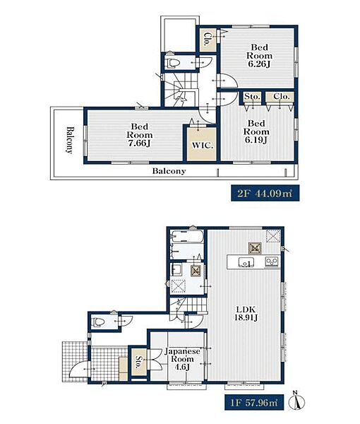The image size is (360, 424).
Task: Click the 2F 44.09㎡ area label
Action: pyautogui.click(x=265, y=193)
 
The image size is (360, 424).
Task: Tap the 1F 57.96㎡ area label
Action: pyautogui.click(x=254, y=403)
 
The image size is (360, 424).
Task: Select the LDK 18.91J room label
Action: pyautogui.click(x=246, y=313)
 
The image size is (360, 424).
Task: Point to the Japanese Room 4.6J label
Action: pyautogui.click(x=183, y=359)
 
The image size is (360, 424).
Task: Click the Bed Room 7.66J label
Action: pyautogui.click(x=140, y=135)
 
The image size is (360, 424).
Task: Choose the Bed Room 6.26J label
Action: pyautogui.click(x=259, y=56)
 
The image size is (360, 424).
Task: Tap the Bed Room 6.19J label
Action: pyautogui.click(x=256, y=131)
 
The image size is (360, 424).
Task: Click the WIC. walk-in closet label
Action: pyautogui.click(x=203, y=145)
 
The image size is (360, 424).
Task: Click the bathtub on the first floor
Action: pyautogui.click(x=188, y=237)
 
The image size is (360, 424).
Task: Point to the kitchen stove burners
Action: pyautogui.click(x=272, y=261)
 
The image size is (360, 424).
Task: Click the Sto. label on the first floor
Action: pyautogui.click(x=139, y=363)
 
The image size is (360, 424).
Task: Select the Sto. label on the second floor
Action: pyautogui.click(x=252, y=97)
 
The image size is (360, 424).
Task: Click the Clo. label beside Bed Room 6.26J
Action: pyautogui.click(x=208, y=40)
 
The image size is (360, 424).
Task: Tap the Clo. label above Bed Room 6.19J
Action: pyautogui.click(x=281, y=97)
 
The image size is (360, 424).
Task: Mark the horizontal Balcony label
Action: pyautogui.click(x=169, y=171)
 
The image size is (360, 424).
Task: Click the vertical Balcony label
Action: pyautogui.click(x=70, y=140)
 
